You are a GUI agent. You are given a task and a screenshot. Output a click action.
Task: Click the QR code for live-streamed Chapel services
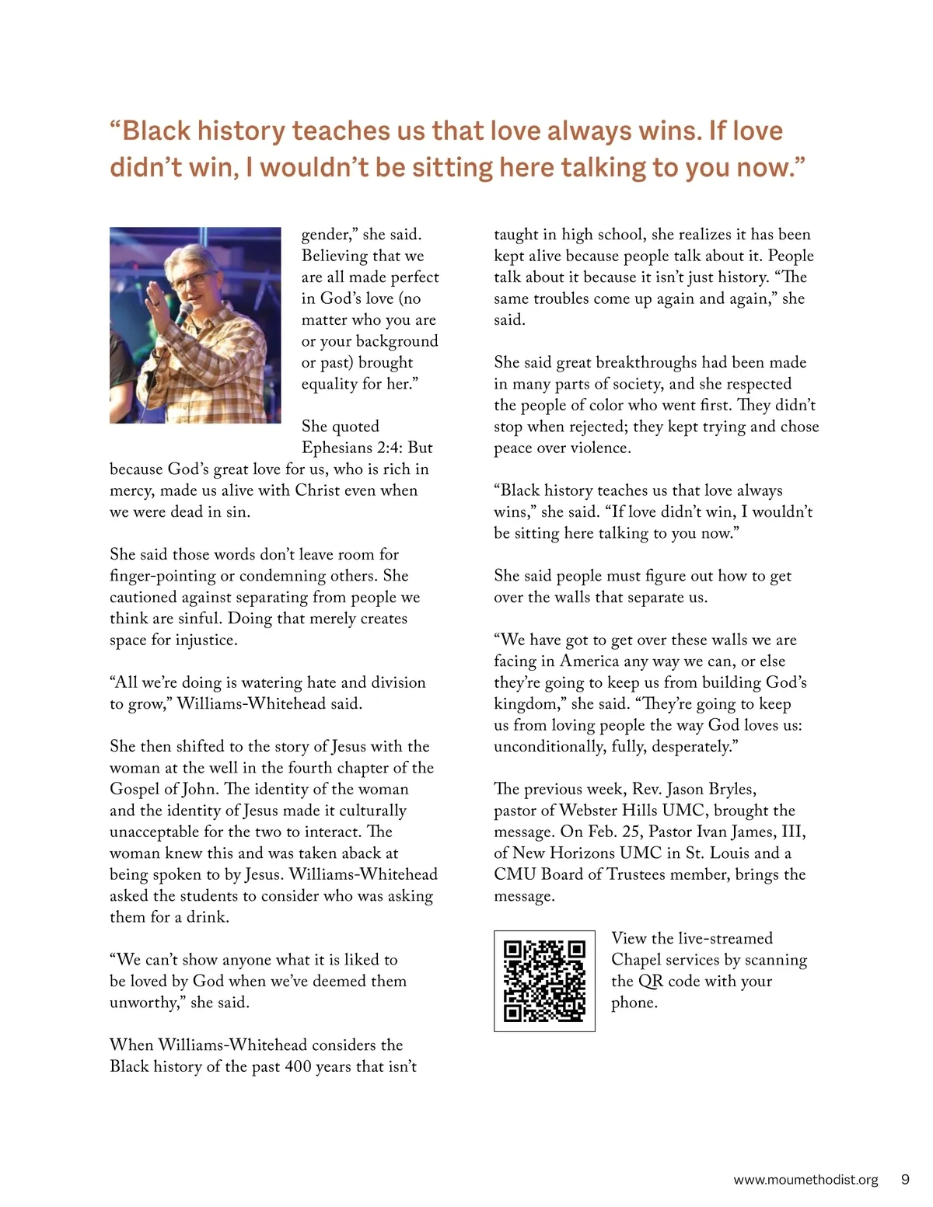[x=544, y=980]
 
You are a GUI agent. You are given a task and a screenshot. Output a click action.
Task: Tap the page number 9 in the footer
[x=905, y=1179]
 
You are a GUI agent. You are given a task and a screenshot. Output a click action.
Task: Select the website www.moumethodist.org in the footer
[x=805, y=1180]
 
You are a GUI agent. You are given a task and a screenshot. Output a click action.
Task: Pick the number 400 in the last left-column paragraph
[x=298, y=1066]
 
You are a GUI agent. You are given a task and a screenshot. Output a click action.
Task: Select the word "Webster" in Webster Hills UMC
[x=588, y=811]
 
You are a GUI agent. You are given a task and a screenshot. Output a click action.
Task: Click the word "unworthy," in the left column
[x=147, y=1003]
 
